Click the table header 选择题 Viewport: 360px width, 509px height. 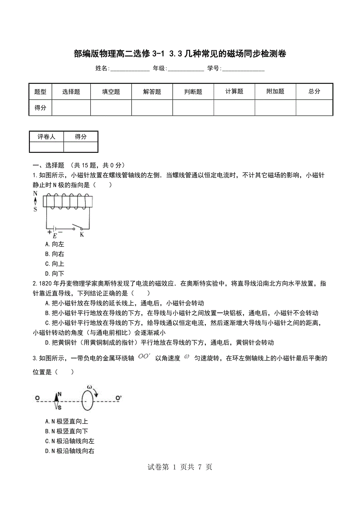click(71, 91)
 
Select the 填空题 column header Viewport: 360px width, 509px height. click(111, 91)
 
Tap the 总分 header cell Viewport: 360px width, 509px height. click(314, 91)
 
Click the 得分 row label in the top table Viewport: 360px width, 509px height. click(40, 108)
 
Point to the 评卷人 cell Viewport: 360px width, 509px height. click(46, 136)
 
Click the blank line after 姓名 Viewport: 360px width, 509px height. click(130, 69)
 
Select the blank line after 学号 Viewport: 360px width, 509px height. click(243, 69)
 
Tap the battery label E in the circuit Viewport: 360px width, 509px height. click(55, 236)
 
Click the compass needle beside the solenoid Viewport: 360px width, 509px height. click(36, 201)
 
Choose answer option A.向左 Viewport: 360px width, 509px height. click(55, 244)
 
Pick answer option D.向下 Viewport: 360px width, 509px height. click(55, 274)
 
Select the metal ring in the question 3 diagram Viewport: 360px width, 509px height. click(88, 399)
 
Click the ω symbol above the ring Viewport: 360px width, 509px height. click(90, 387)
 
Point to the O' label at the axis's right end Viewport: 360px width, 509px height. click(119, 398)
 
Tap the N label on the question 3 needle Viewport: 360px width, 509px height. click(59, 394)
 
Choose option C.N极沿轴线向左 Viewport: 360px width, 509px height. click(70, 441)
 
